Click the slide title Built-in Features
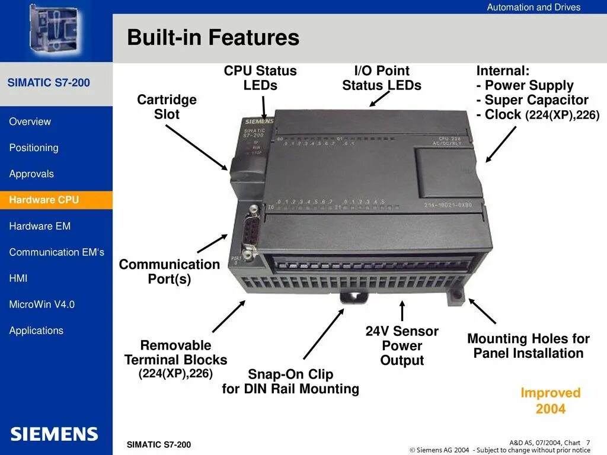coord(213,38)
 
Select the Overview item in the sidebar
coord(30,121)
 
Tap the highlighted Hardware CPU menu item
coord(44,200)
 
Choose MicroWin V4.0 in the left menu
coord(42,305)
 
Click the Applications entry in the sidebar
coord(36,331)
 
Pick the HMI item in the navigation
coord(18,278)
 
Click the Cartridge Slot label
coord(167,107)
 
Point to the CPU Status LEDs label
coord(260,78)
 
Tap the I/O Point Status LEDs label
coord(382,78)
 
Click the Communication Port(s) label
coord(170,271)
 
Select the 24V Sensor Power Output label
coord(402,345)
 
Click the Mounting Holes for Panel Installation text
coord(528,346)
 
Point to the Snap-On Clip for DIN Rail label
coord(290,382)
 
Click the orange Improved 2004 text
coord(550,400)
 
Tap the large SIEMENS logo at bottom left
coord(54,434)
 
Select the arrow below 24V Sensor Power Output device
coord(402,311)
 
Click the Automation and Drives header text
coord(533,7)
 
